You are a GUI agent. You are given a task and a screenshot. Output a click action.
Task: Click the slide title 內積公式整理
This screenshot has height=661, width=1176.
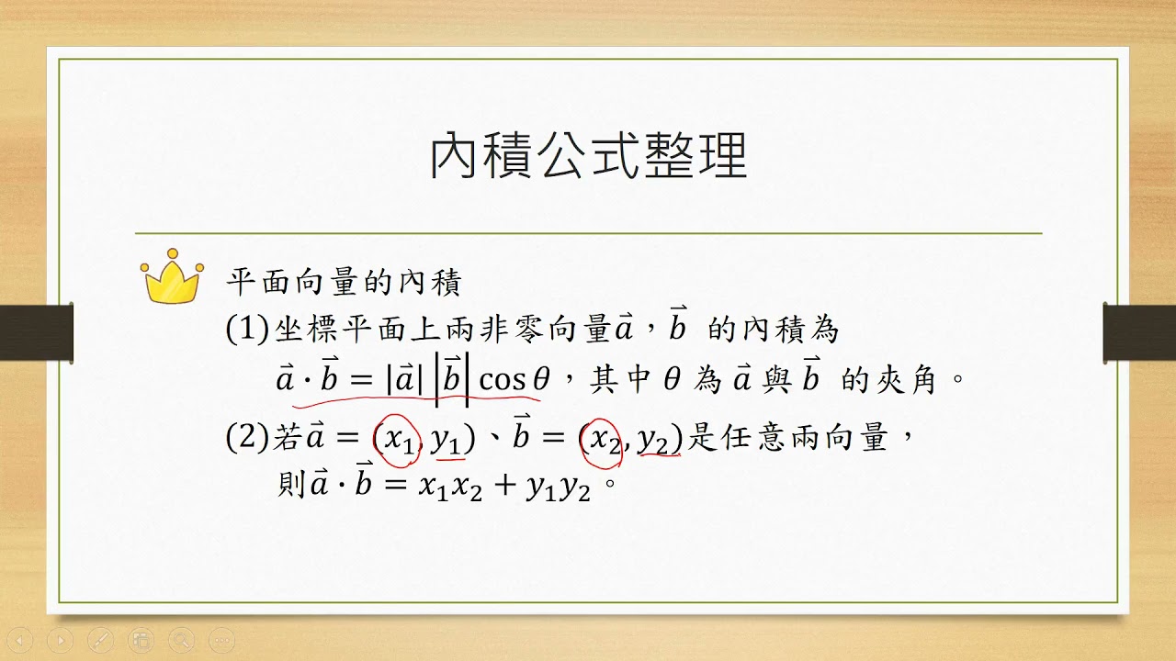point(589,155)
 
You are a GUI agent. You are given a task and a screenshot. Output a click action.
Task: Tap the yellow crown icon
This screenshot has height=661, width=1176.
point(172,276)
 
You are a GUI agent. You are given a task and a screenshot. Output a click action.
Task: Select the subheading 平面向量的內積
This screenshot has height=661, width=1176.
point(344,282)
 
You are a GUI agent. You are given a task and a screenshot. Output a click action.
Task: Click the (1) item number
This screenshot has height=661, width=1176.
point(247,330)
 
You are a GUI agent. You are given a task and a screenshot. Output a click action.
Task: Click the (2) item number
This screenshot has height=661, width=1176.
point(247,437)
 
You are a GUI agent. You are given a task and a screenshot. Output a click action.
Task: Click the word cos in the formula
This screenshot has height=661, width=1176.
point(503,380)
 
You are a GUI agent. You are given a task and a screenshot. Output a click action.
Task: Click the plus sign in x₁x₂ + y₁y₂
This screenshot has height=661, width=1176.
point(505,486)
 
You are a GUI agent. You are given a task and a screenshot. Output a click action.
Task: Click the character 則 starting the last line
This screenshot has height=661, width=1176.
point(291,483)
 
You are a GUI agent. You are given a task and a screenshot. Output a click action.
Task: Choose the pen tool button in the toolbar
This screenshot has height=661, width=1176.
point(101,640)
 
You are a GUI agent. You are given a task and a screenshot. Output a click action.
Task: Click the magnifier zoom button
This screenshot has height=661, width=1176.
point(182,640)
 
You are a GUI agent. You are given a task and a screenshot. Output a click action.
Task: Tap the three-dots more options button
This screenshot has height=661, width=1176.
point(222,640)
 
